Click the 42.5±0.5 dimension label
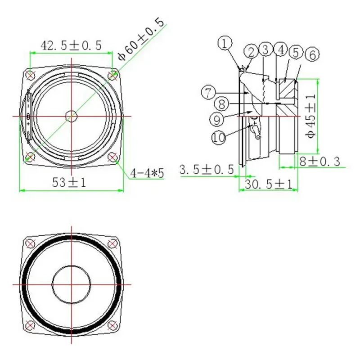71,45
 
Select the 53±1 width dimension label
69,183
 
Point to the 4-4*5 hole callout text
147,173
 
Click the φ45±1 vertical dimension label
311,116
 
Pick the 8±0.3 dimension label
319,161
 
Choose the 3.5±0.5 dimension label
207,170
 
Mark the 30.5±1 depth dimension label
269,184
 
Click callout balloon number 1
225,43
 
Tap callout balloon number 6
312,55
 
